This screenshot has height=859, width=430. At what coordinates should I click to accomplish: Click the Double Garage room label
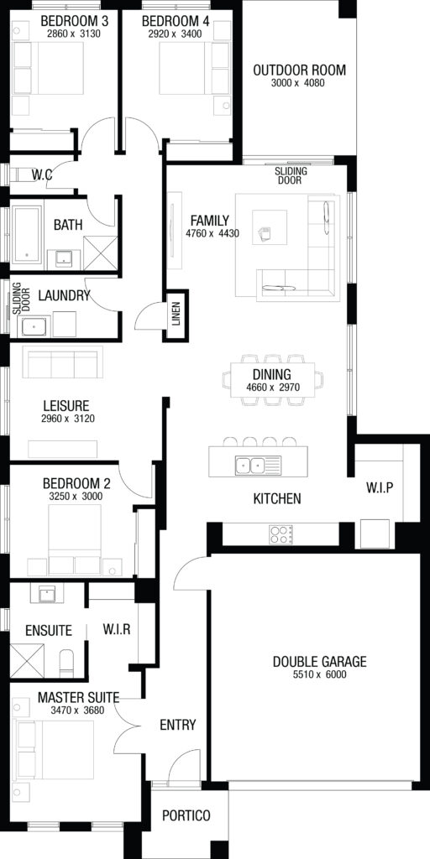tap(319, 661)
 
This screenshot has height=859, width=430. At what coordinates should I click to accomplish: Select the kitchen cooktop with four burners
tap(281, 534)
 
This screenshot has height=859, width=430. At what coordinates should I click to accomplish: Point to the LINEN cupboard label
tap(176, 315)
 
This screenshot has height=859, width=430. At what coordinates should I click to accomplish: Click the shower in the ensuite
tap(28, 660)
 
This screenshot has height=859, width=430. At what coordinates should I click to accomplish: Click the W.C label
tap(42, 175)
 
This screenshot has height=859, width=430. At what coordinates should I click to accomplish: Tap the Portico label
tap(186, 815)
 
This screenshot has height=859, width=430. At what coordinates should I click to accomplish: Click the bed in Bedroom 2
tap(75, 539)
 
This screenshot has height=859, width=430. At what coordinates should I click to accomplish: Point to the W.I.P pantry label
tap(380, 487)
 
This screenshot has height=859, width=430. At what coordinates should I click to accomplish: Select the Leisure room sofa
tap(62, 362)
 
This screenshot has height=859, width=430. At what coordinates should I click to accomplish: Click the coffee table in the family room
tap(270, 227)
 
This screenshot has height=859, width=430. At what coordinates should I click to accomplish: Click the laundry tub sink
tap(35, 327)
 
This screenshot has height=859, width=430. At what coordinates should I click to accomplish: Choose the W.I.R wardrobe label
tap(116, 629)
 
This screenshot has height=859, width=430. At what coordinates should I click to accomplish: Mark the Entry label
tap(178, 725)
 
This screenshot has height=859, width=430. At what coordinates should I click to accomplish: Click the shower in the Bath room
tap(101, 253)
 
